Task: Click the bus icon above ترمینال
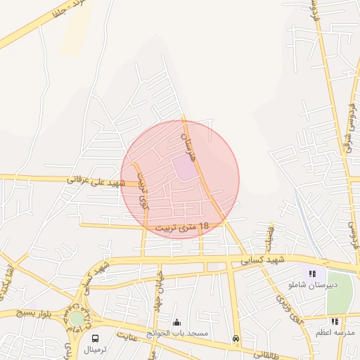click(x=96, y=338)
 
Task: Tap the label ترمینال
click(x=96, y=349)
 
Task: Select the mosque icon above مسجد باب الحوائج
click(x=176, y=322)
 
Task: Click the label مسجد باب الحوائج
click(x=181, y=333)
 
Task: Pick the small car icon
click(x=236, y=338)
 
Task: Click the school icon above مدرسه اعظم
click(x=335, y=321)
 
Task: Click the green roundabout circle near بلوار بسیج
click(x=76, y=319)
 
